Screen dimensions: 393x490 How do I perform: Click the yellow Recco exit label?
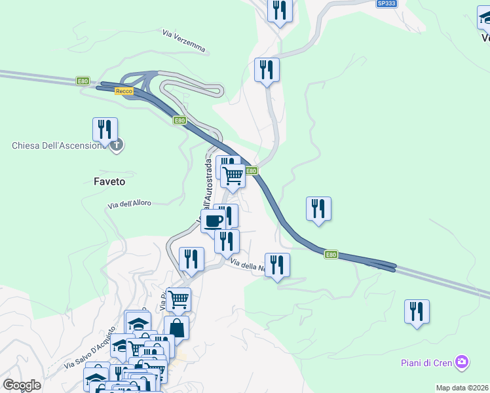click(124, 92)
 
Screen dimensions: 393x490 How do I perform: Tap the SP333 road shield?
click(386, 3)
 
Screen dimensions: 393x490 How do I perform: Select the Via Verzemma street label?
click(184, 40)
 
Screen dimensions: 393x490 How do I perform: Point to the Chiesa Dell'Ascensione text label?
click(58, 145)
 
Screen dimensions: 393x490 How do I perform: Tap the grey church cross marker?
click(117, 145)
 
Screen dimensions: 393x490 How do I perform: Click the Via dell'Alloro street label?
click(130, 204)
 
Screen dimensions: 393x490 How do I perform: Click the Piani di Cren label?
click(428, 363)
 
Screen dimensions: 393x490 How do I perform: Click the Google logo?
click(22, 385)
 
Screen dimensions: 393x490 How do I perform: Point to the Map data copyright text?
click(462, 388)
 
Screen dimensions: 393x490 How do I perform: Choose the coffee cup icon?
click(213, 221)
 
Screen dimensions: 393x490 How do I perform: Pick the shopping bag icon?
click(177, 327)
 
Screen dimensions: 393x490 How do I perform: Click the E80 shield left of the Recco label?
click(83, 81)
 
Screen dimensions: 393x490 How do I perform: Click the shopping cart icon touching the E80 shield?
click(233, 175)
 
